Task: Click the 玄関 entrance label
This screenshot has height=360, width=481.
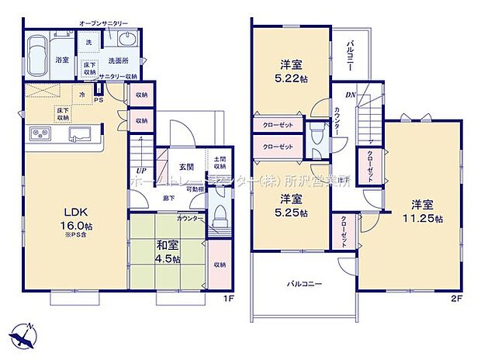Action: [187, 166]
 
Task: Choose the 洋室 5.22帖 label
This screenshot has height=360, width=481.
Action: [291, 71]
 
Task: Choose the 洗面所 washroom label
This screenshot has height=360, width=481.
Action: [119, 60]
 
